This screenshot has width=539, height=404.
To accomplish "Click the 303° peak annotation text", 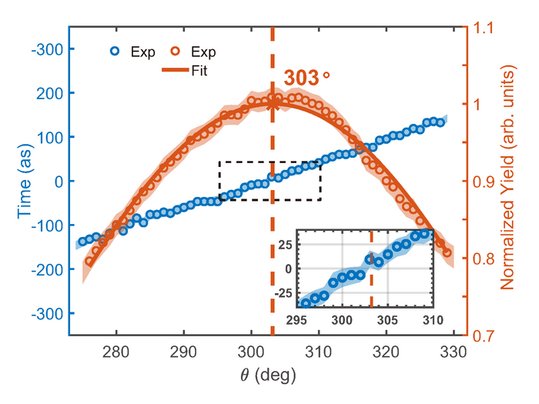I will [x=306, y=78].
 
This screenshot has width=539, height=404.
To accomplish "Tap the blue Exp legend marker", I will [x=115, y=52].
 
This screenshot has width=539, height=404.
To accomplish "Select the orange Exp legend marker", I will [x=176, y=52].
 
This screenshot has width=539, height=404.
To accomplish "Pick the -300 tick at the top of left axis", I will [x=49, y=48].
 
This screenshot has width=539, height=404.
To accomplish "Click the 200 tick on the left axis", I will [x=51, y=93].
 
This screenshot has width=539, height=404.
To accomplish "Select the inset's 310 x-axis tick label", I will [x=432, y=319].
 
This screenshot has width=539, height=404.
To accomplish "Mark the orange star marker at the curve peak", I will [x=273, y=102].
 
